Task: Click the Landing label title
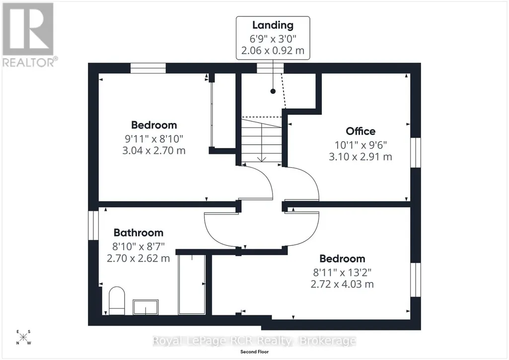point(273,25)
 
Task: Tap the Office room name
point(361,131)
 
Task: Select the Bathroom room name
point(138,233)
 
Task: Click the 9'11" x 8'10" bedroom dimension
point(154,139)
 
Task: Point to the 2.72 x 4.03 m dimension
point(342,284)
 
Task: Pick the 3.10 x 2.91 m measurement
point(361,157)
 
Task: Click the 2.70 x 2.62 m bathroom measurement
point(138,258)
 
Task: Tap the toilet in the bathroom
point(117,300)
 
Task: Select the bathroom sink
point(145,307)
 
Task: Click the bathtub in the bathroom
point(192,285)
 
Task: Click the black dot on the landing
point(273,91)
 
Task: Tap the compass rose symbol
point(23,337)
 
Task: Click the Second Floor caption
point(254,352)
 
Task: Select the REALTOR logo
point(29,35)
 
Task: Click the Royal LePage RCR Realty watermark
point(254,341)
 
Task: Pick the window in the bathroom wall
point(93,225)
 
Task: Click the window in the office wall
point(416,152)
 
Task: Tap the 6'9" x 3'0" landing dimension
point(273,39)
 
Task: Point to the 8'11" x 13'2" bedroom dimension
point(342,272)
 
